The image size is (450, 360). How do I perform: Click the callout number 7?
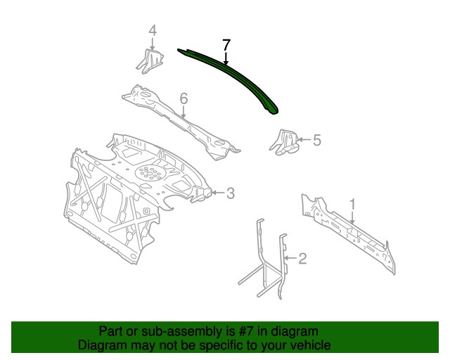226,44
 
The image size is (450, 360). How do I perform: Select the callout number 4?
152,30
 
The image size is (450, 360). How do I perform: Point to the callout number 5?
316,141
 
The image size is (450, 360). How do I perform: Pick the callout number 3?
230,193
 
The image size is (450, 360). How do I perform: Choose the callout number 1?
353,205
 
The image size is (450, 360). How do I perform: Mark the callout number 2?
302,259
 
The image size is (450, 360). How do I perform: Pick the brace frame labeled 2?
267,260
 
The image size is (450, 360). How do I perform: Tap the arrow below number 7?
226,59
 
